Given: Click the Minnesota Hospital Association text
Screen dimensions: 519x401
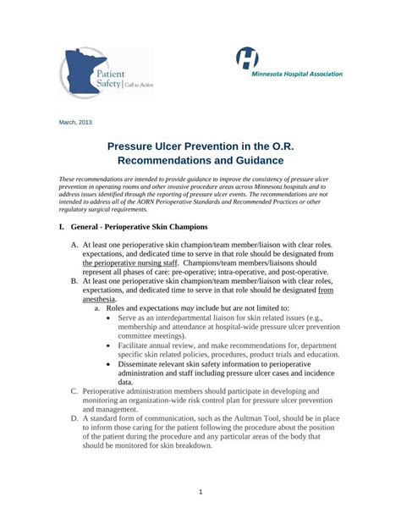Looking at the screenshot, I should coord(297,74).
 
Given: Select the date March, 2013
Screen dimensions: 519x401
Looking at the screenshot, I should coord(74,122).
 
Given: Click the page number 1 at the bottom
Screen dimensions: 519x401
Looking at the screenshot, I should coord(200,492).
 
